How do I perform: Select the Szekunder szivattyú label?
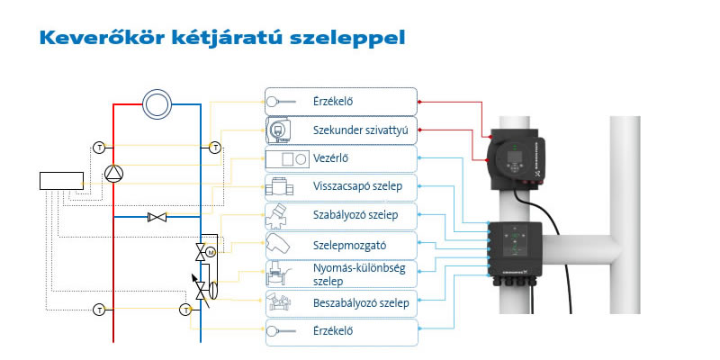[361, 130]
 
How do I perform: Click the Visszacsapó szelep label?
[357, 186]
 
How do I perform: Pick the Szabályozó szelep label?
[355, 215]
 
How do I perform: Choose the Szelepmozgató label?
[350, 246]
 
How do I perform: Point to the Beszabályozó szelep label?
[361, 303]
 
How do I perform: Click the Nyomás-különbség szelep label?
[359, 274]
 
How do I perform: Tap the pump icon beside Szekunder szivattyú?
[279, 130]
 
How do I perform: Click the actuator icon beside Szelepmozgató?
[277, 246]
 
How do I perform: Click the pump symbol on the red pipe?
[114, 173]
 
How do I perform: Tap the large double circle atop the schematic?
[157, 104]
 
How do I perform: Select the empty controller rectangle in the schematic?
[61, 181]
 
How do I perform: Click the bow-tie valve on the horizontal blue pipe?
[157, 217]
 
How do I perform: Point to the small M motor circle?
[211, 252]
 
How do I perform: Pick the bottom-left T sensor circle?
[99, 310]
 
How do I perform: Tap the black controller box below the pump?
[515, 249]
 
